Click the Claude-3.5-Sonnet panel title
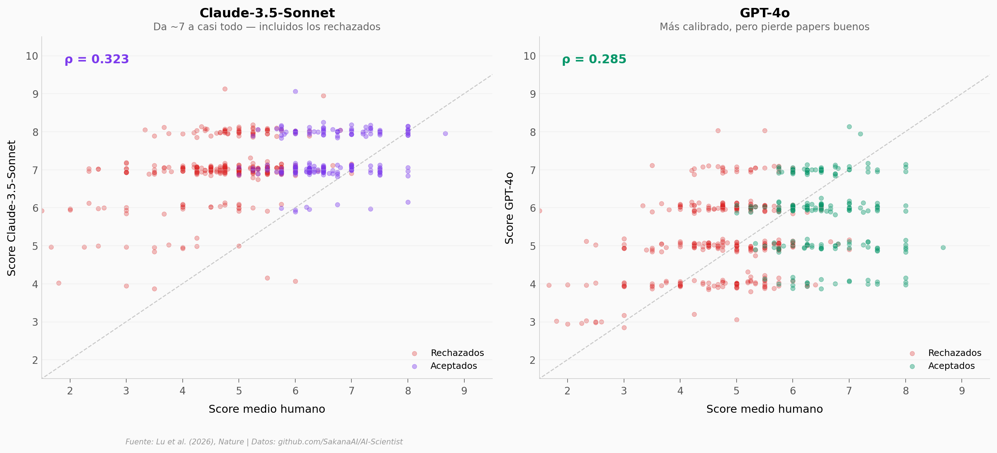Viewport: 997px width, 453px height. click(x=267, y=13)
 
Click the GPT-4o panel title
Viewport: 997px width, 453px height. click(x=764, y=13)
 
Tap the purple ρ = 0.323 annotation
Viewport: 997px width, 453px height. click(x=97, y=59)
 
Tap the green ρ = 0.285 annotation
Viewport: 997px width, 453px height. click(x=594, y=59)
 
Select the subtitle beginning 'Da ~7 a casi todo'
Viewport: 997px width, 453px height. click(x=267, y=27)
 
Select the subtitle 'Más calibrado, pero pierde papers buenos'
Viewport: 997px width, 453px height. click(x=764, y=27)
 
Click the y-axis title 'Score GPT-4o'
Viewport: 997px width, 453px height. click(x=509, y=208)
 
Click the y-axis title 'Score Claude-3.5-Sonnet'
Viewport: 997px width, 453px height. click(x=12, y=208)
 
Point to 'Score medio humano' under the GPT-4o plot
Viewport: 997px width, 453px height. click(x=764, y=409)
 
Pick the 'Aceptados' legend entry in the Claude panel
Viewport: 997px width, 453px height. click(x=454, y=366)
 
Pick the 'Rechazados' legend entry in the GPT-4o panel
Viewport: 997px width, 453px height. click(x=955, y=353)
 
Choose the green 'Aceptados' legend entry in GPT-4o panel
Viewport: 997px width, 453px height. click(x=951, y=366)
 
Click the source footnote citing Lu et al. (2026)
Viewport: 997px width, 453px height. click(x=264, y=442)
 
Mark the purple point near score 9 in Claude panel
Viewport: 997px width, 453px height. click(x=295, y=91)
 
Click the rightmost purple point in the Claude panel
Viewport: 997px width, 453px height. click(x=445, y=133)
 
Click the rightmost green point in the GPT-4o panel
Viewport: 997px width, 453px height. click(x=943, y=248)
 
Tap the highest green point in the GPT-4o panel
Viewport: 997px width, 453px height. click(x=849, y=127)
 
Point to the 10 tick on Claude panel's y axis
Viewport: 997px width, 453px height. click(x=32, y=56)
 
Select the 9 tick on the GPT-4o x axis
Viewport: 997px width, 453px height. click(x=962, y=391)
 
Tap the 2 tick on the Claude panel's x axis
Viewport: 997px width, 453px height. click(x=70, y=391)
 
